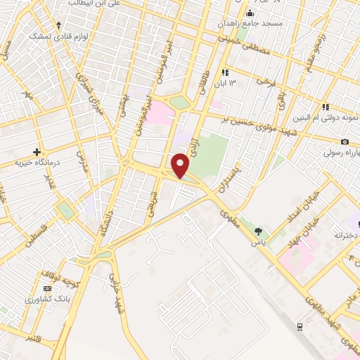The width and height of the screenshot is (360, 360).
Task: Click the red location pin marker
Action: tap(181, 165)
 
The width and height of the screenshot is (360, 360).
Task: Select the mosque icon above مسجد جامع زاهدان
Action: tap(250, 13)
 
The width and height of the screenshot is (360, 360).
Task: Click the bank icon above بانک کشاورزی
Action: tap(48, 288)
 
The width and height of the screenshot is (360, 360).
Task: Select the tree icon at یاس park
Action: tap(259, 231)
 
